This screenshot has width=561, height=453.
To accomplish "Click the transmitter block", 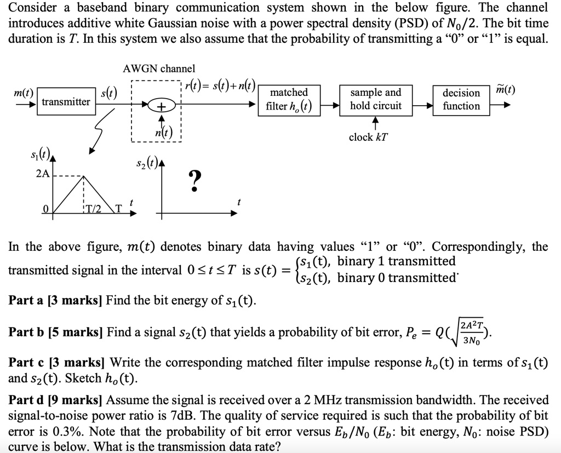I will click(x=66, y=102).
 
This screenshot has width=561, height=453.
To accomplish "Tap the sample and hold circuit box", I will click(x=376, y=99).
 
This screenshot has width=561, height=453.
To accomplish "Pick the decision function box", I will click(x=461, y=99).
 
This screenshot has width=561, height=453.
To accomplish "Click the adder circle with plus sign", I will click(x=161, y=107).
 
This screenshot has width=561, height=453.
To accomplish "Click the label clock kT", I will click(x=368, y=137).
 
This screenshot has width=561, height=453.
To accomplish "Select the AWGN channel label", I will click(x=159, y=69).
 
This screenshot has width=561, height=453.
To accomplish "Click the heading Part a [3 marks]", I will click(x=56, y=301).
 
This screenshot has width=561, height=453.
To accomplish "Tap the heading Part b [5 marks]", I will click(x=56, y=332).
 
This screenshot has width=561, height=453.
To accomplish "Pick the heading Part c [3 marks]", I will click(x=56, y=363).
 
